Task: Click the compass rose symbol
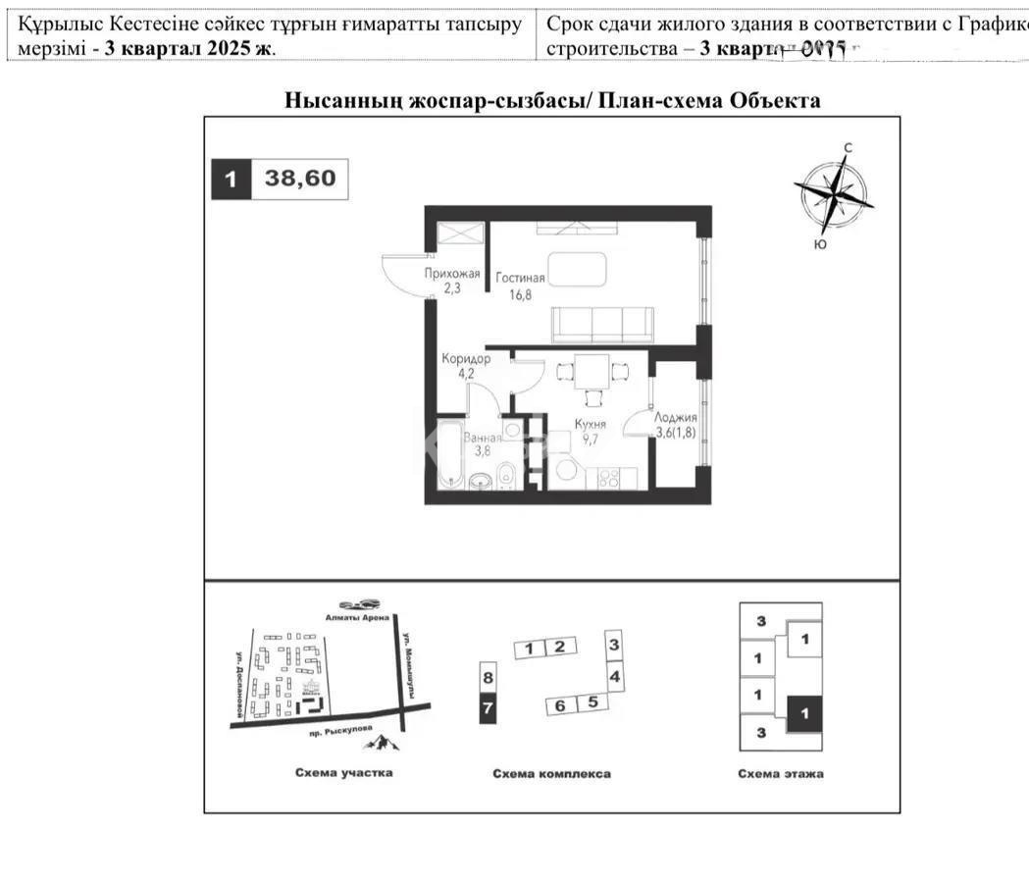833,193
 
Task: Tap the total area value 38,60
299,179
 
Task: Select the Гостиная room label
520,278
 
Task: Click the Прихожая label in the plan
451,274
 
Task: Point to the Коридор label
466,359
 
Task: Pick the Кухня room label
591,425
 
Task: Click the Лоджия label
677,417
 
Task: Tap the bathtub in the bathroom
448,454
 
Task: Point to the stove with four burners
608,480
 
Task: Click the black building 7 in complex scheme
488,707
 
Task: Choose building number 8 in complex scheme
488,676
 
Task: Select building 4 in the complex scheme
614,676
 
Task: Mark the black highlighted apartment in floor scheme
804,715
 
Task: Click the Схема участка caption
343,773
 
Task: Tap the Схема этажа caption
781,773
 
